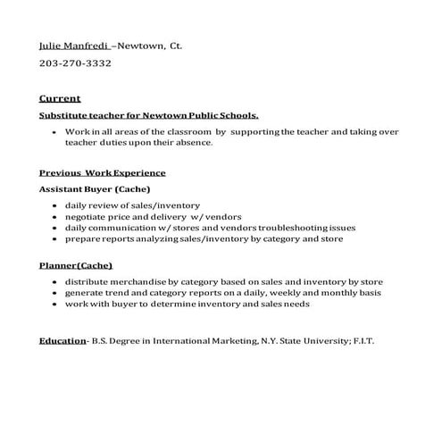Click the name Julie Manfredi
click(71, 44)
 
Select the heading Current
click(60, 98)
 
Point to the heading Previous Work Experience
click(102, 172)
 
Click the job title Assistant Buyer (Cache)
click(94, 189)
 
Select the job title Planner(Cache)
click(76, 265)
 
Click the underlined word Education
click(62, 341)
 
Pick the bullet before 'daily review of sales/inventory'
click(55, 205)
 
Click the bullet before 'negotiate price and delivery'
click(55, 216)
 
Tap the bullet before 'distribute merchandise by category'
click(55, 282)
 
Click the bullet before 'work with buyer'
click(55, 304)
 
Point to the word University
click(305, 341)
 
